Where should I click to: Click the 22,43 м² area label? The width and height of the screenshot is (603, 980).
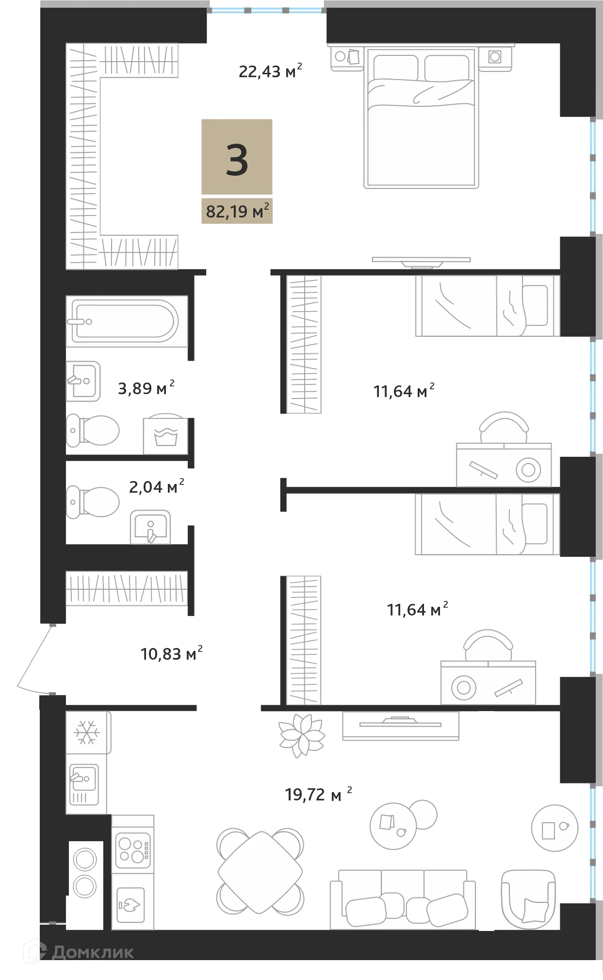[x=269, y=71]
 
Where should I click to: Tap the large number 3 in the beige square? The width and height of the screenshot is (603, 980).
[x=237, y=160]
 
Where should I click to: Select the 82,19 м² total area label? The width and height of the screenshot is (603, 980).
[x=237, y=212]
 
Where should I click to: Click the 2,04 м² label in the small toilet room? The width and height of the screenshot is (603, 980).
[x=156, y=486]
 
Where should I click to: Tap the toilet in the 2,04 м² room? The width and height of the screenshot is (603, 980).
[x=93, y=502]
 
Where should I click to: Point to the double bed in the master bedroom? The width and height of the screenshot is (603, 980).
[x=421, y=119]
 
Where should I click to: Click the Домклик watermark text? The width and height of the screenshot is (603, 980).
[x=92, y=952]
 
